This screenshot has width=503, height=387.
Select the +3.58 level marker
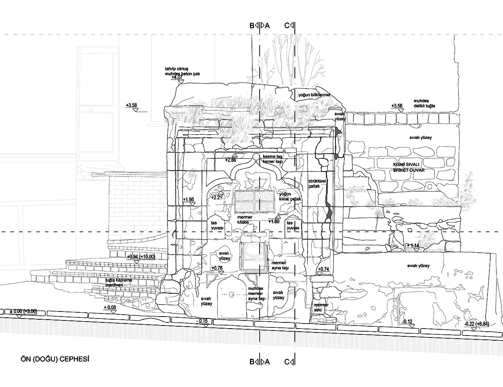(x=132, y=105)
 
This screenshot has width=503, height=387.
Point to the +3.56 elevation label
(x=397, y=106)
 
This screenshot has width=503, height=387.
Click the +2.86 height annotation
(x=231, y=159)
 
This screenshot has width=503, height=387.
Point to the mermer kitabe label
(x=245, y=220)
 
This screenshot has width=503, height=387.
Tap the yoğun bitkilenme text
(x=314, y=95)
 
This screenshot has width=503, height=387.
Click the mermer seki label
(x=321, y=307)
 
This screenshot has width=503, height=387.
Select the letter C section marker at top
(x=287, y=26)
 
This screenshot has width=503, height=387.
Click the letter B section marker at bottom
(x=252, y=362)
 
